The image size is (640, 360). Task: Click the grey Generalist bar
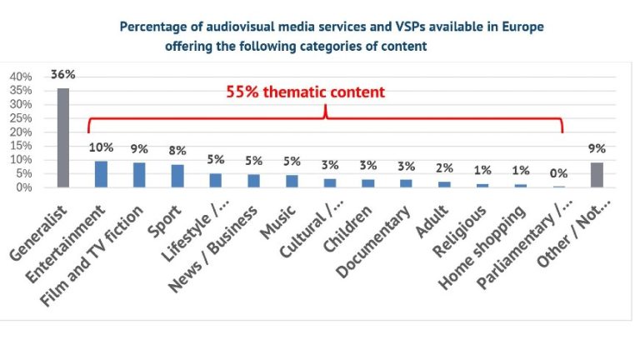point(62,137)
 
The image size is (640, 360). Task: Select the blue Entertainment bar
point(101,174)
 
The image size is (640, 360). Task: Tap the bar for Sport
point(177,176)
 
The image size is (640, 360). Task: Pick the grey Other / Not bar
point(597,175)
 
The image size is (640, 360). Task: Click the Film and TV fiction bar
point(139,175)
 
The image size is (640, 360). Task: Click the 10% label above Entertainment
point(101,148)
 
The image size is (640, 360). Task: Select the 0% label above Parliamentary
point(558,173)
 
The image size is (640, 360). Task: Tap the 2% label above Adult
point(444,167)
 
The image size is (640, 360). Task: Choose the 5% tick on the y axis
point(24,173)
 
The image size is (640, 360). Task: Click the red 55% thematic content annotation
point(306,92)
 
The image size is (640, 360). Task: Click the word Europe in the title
point(522,26)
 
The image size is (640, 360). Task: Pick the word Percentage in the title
point(151,26)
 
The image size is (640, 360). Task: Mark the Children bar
point(367,182)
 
